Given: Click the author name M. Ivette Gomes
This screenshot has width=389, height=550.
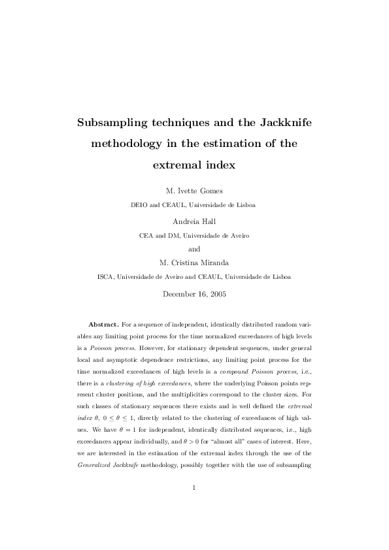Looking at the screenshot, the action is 194,191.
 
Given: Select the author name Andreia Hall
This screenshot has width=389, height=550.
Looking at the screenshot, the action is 194,221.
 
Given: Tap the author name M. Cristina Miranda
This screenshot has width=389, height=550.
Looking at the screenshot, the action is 194,263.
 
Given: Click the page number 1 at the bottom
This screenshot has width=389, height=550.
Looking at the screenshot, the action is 194,505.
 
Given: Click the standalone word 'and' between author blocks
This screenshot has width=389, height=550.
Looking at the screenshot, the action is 194,249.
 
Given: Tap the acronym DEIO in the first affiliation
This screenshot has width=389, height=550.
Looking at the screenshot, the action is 141,204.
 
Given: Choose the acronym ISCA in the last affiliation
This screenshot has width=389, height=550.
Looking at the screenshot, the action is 105,276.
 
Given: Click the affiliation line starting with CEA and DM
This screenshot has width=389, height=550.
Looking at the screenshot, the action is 194,235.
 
